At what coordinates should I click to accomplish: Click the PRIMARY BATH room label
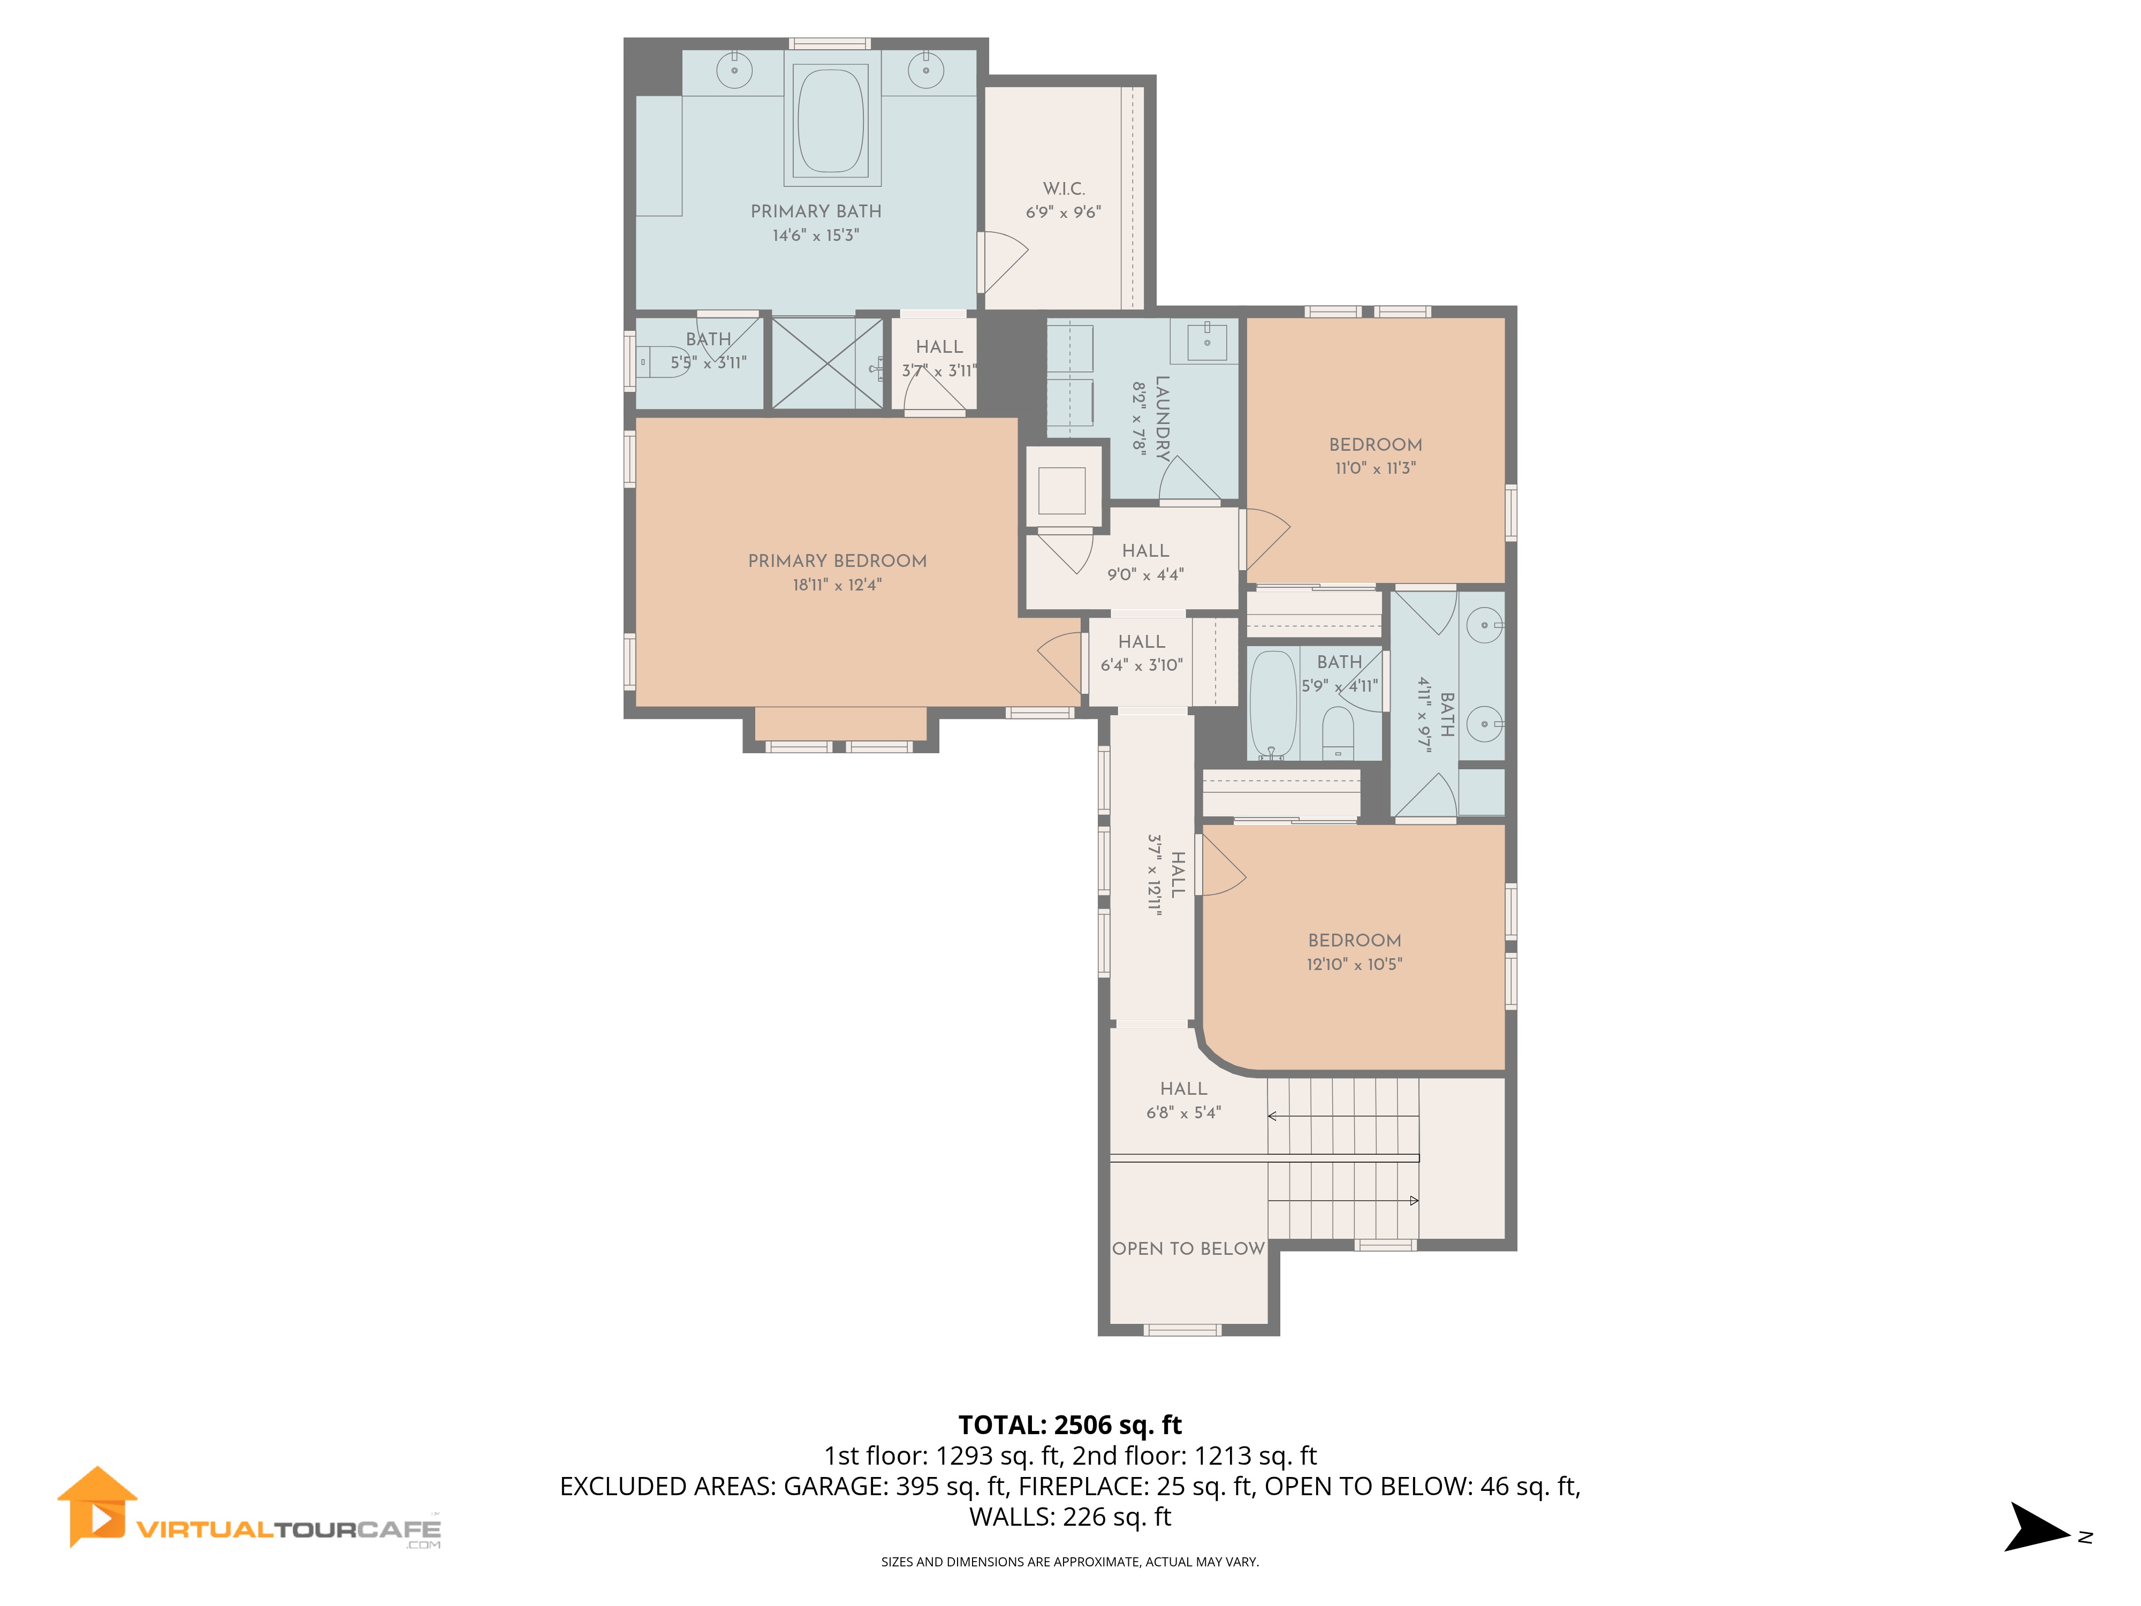click(816, 211)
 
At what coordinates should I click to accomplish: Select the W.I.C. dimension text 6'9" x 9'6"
click(1063, 212)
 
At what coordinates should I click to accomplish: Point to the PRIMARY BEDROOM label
click(837, 560)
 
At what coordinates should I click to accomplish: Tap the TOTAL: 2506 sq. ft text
click(1069, 1425)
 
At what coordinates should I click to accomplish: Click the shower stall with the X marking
click(827, 363)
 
